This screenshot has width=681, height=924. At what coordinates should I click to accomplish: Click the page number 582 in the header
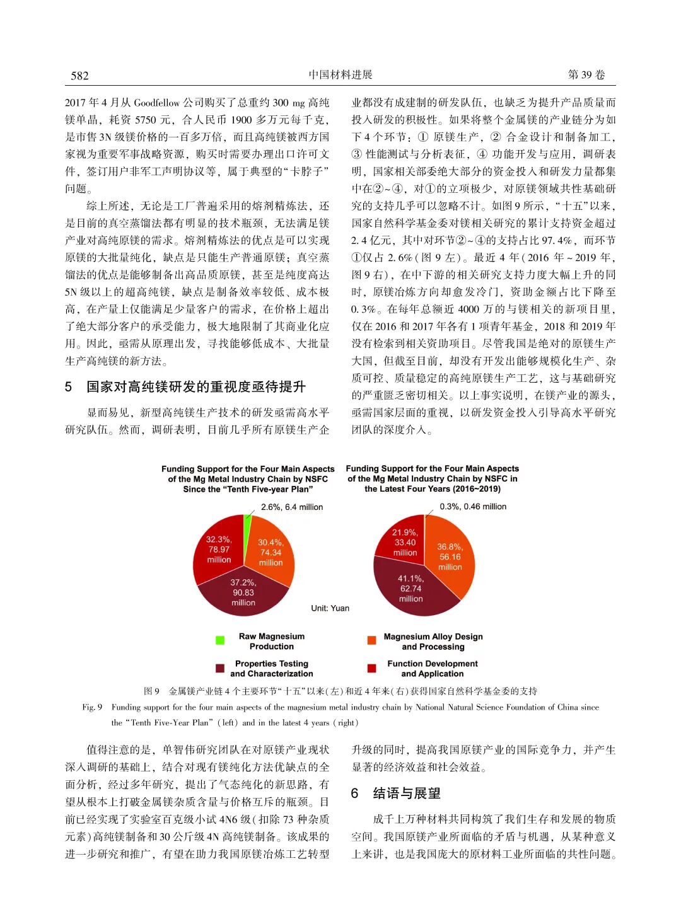pyautogui.click(x=80, y=76)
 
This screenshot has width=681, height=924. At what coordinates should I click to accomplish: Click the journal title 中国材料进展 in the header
pyautogui.click(x=340, y=75)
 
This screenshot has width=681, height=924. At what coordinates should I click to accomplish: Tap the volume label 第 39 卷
pyautogui.click(x=586, y=75)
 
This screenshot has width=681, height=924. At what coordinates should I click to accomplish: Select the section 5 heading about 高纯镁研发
pyautogui.click(x=187, y=386)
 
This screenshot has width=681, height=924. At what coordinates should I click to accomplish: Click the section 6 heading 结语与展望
pyautogui.click(x=397, y=793)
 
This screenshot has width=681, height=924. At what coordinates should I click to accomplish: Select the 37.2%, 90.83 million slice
pyautogui.click(x=243, y=593)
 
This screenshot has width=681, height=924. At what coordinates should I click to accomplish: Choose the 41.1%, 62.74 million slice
pyautogui.click(x=410, y=589)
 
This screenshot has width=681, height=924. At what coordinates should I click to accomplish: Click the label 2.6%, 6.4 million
pyautogui.click(x=292, y=507)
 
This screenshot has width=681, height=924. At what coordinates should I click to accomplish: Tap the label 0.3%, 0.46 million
pyautogui.click(x=473, y=506)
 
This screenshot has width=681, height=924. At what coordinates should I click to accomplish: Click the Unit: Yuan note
pyautogui.click(x=330, y=608)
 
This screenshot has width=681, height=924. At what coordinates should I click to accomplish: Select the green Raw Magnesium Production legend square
pyautogui.click(x=220, y=640)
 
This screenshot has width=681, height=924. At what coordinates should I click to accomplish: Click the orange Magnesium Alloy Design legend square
pyautogui.click(x=372, y=640)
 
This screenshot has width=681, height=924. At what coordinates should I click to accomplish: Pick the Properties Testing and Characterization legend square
pyautogui.click(x=220, y=668)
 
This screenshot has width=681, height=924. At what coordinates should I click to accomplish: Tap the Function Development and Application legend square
pyautogui.click(x=372, y=668)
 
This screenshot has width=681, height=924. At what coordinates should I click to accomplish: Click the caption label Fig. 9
pyautogui.click(x=92, y=707)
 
